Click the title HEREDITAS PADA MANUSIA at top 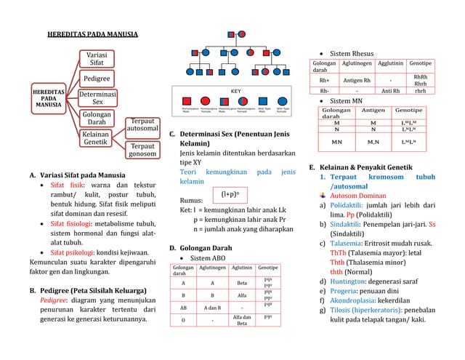tap(92, 34)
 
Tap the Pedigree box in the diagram tap(97, 78)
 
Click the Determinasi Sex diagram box tap(98, 98)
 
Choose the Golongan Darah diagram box tap(97, 118)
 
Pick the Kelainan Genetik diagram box tap(96, 138)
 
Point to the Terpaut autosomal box tap(142, 125)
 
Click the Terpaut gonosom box tap(142, 151)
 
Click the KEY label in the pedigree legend tap(235, 91)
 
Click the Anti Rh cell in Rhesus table tap(391, 91)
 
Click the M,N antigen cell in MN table tap(373, 141)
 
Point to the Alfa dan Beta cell tap(242, 319)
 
